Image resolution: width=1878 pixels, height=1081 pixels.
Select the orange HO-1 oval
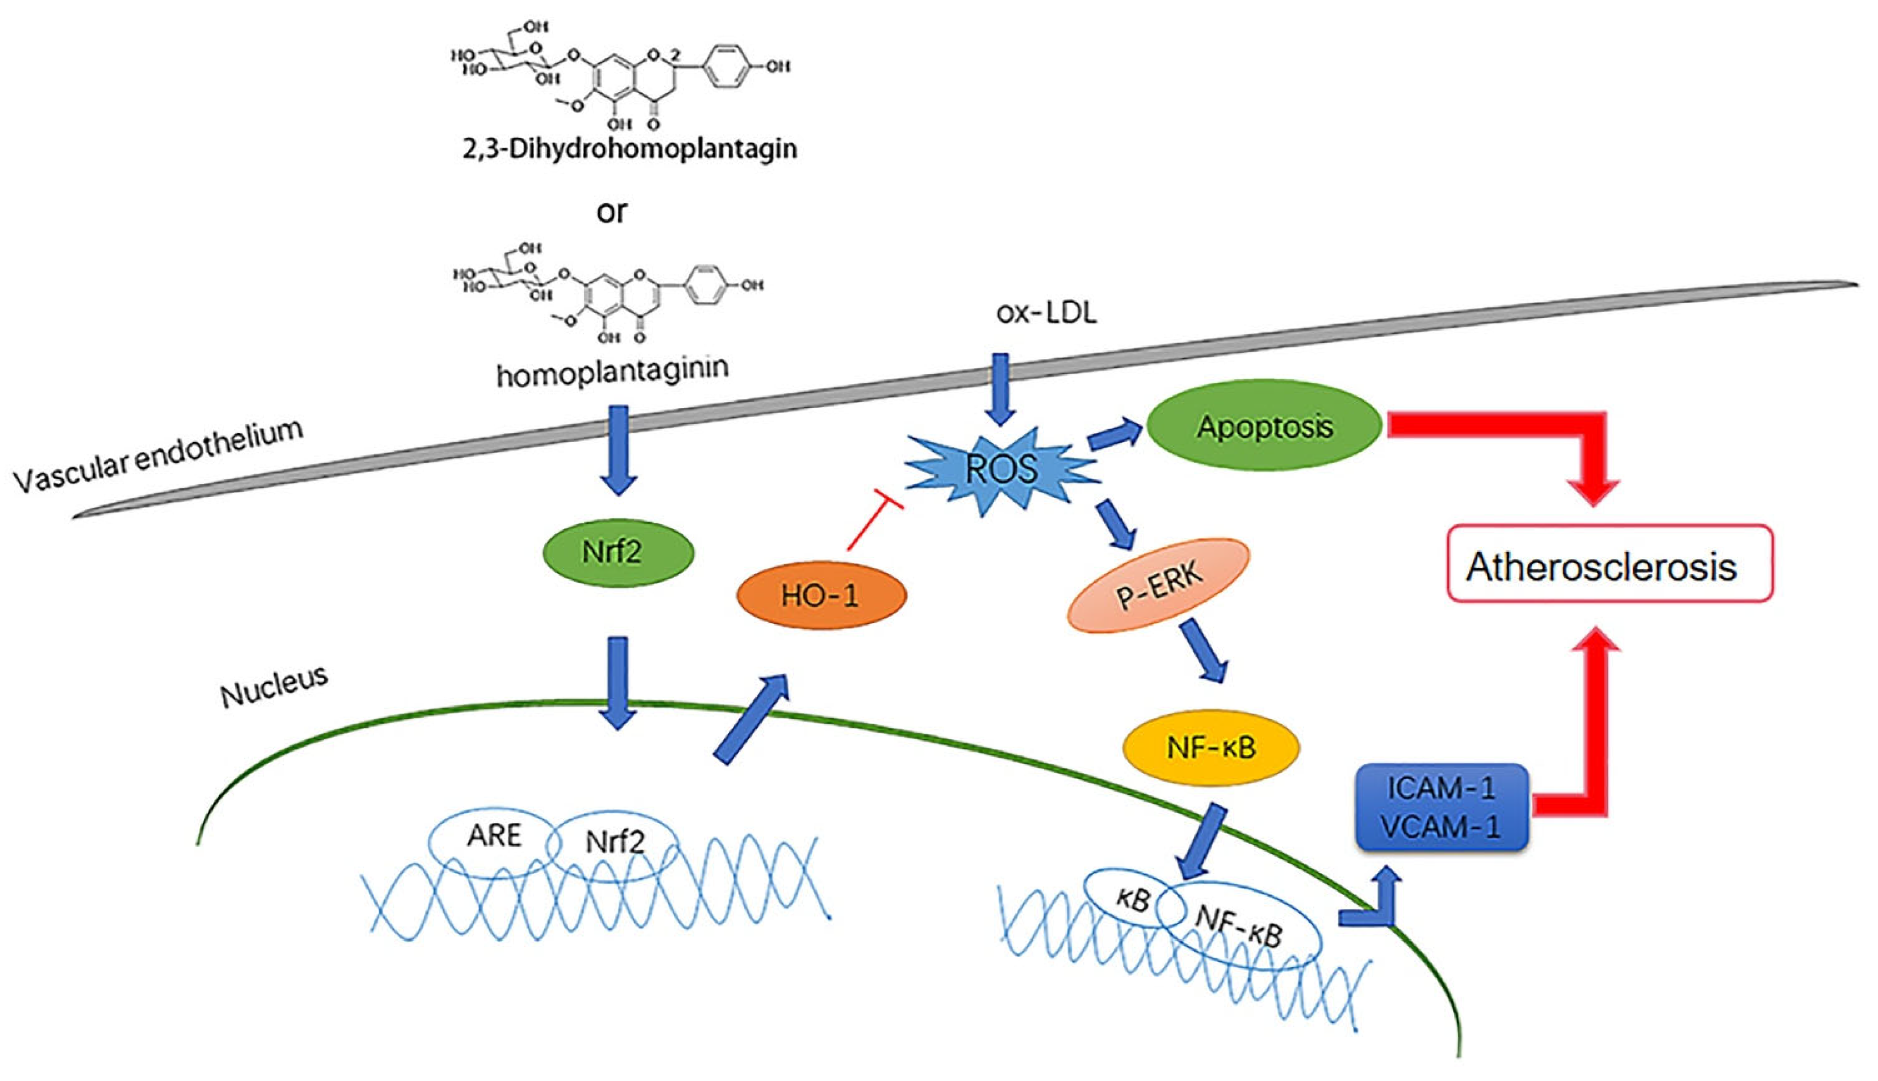point(821,595)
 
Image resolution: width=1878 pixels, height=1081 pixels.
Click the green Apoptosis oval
point(1264,426)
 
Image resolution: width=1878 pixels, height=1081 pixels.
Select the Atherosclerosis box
point(1608,568)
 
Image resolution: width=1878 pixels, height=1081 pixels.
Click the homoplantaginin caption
point(612,371)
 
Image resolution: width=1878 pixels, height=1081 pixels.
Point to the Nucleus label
point(273,687)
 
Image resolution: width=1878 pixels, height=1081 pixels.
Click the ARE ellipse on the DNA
point(493,837)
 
